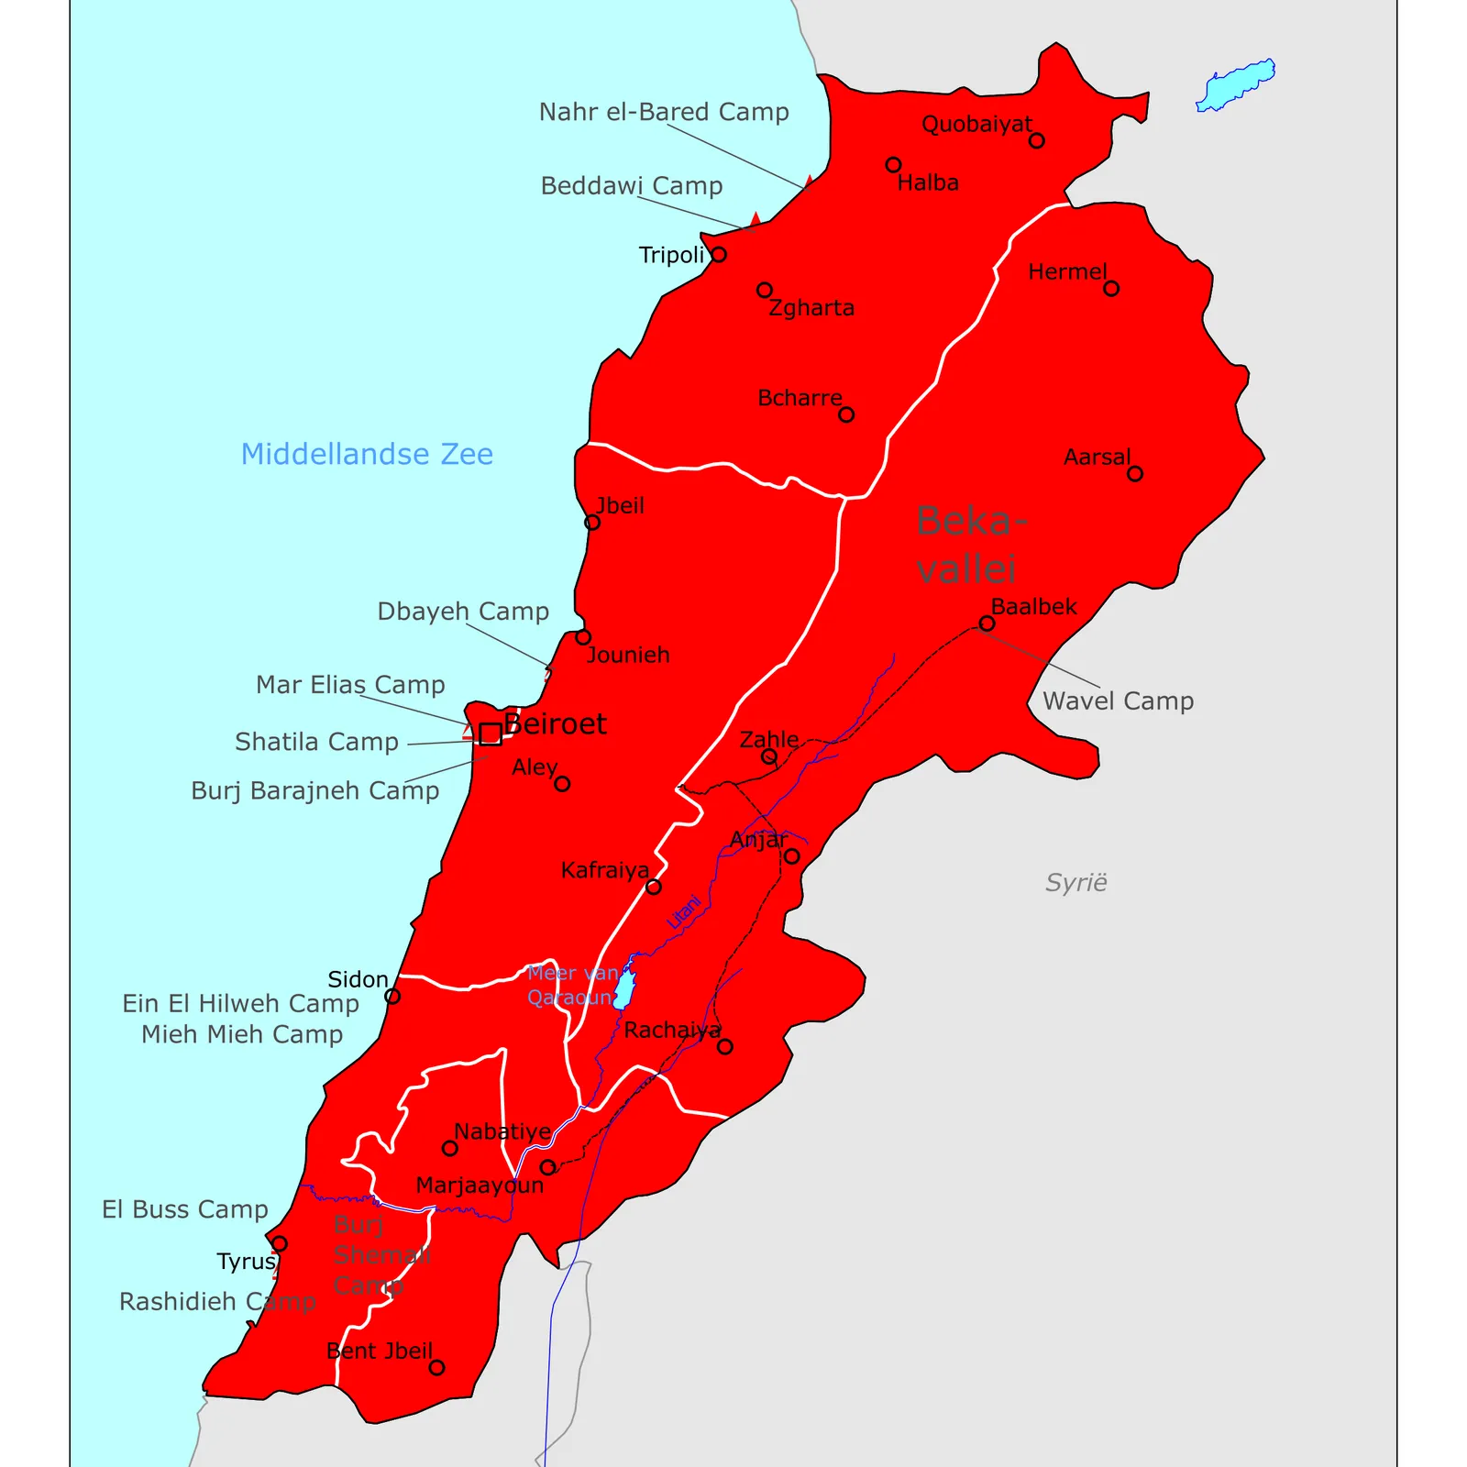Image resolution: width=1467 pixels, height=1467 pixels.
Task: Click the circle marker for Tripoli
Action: pyautogui.click(x=719, y=254)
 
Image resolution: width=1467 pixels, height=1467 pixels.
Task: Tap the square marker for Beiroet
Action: pyautogui.click(x=491, y=733)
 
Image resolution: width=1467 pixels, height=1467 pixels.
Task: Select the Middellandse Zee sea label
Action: pyautogui.click(x=367, y=454)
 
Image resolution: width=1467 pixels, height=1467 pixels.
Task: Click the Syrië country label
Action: pyautogui.click(x=1075, y=883)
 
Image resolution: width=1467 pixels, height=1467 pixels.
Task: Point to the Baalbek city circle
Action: pyautogui.click(x=987, y=623)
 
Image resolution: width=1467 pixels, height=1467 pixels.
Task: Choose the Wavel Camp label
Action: pyautogui.click(x=1118, y=701)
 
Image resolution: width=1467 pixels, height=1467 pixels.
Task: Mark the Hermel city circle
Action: pyautogui.click(x=1111, y=289)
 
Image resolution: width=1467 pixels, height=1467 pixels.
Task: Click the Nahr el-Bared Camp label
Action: pyautogui.click(x=664, y=112)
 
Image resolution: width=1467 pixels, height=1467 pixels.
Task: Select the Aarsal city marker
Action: pyautogui.click(x=1135, y=474)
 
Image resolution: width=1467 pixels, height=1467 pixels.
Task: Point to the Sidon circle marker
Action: pyautogui.click(x=392, y=997)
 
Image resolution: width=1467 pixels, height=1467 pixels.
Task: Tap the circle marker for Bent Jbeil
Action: pyautogui.click(x=436, y=1368)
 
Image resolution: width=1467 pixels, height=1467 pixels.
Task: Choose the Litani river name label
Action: pyautogui.click(x=684, y=912)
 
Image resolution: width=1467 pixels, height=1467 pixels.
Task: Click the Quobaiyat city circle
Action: pyautogui.click(x=1036, y=140)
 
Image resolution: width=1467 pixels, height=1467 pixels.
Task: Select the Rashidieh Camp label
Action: pyautogui.click(x=217, y=1302)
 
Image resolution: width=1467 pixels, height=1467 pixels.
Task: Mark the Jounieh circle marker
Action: pyautogui.click(x=583, y=637)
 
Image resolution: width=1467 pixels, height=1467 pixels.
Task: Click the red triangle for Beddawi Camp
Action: pyautogui.click(x=755, y=220)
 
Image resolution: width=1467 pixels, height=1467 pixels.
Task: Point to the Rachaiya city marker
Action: pyautogui.click(x=725, y=1046)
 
